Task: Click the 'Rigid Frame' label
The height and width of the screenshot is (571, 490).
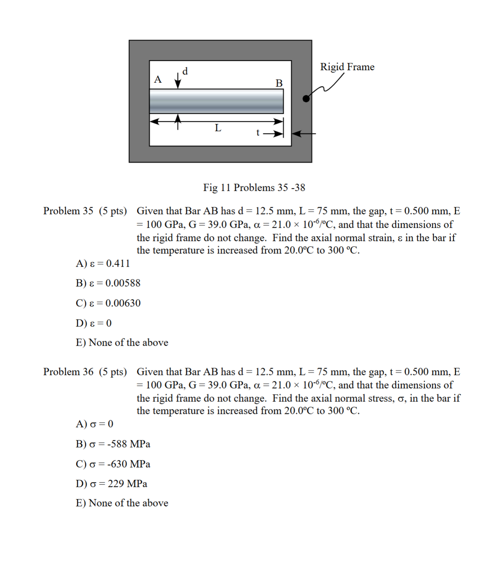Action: point(347,67)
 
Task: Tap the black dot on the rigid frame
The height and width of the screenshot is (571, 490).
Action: point(306,99)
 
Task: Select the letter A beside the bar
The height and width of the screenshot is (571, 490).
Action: point(158,79)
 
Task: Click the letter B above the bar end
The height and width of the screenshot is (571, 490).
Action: point(279,83)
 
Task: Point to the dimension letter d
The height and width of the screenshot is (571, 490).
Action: point(185,71)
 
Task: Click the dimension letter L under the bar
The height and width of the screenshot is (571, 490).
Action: point(218,128)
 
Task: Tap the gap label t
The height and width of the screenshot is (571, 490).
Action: point(258,132)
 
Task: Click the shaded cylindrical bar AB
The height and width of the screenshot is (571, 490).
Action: point(216,101)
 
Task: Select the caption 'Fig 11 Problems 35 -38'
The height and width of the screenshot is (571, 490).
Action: point(254,188)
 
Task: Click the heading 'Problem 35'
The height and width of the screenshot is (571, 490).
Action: point(68,211)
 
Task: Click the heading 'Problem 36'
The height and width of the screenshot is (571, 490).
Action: point(68,372)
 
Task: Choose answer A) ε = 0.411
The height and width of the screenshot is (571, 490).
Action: point(103,263)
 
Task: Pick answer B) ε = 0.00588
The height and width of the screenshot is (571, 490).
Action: point(108,283)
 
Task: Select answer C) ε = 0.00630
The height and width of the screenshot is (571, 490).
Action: point(108,303)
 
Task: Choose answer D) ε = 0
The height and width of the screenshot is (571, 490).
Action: point(94,323)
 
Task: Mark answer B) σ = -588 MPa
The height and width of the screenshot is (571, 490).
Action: point(113,444)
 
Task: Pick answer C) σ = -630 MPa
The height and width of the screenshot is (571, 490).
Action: point(113,464)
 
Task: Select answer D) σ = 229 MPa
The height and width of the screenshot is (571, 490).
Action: point(111,484)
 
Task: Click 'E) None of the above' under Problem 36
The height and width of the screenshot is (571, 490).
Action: point(122,503)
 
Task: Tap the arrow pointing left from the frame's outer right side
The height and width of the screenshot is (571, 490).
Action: point(304,134)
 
